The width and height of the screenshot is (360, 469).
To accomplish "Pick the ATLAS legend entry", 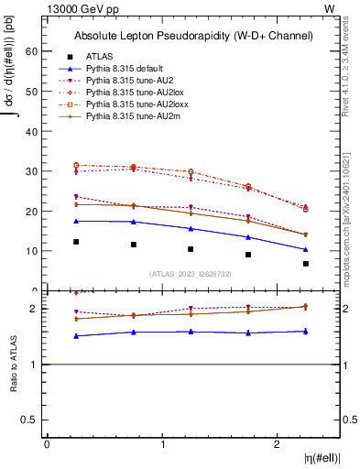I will click(x=99, y=57).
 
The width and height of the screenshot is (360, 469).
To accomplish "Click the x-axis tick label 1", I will click(x=162, y=444).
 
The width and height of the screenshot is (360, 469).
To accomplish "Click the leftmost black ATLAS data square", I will click(x=76, y=242).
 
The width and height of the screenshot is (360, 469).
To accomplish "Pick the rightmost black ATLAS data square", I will click(x=305, y=264).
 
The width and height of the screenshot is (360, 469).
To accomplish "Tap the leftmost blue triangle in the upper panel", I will click(x=76, y=221).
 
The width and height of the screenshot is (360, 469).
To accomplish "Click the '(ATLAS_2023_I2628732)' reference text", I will click(x=191, y=274).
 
